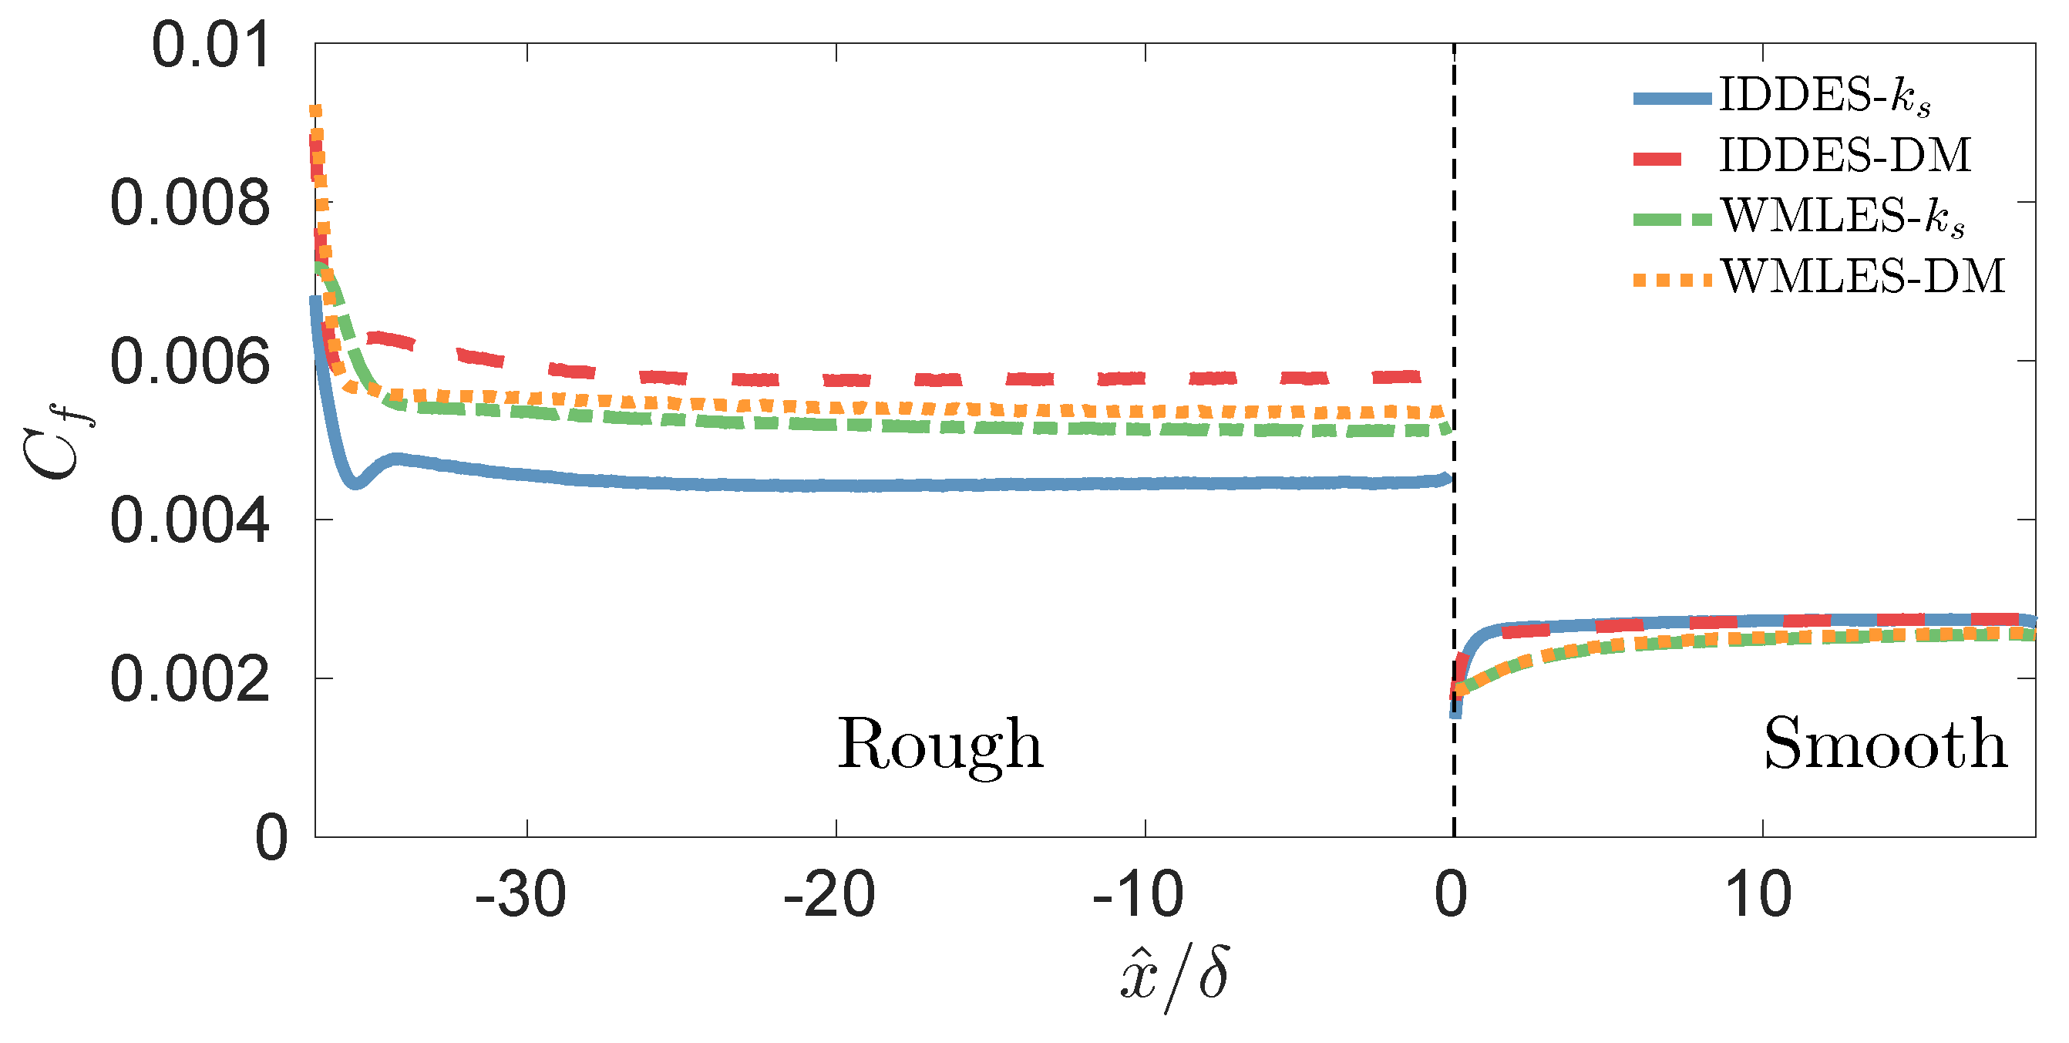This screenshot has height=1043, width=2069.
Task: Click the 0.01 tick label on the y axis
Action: click(210, 45)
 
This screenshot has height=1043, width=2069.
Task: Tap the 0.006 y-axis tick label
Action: click(190, 362)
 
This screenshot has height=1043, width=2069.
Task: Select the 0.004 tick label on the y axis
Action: click(190, 521)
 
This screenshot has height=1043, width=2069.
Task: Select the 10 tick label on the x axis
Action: click(1758, 895)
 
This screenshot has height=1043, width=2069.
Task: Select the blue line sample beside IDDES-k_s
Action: click(1672, 99)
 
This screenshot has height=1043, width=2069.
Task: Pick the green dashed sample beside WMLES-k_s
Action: click(1672, 219)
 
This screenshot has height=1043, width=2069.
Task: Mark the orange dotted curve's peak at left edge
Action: click(317, 111)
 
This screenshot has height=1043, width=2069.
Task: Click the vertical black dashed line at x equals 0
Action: click(1454, 562)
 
